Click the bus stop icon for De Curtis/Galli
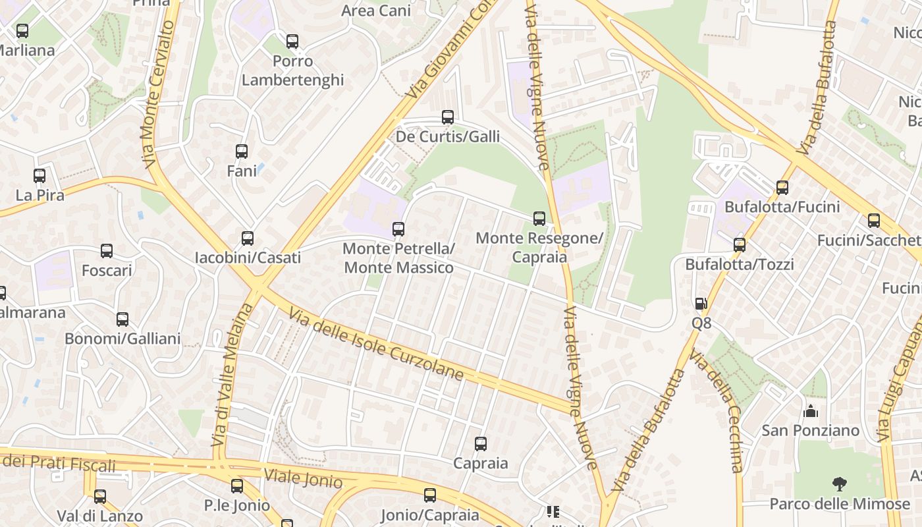(x=448, y=117)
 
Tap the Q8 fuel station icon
(x=701, y=304)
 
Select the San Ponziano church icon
(x=811, y=411)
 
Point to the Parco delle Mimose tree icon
(x=839, y=485)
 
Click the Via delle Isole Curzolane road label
(x=376, y=343)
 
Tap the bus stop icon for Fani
(x=242, y=152)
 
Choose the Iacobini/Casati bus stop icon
(x=248, y=238)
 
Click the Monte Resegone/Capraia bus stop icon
(x=539, y=219)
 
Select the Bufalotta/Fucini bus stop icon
(x=782, y=188)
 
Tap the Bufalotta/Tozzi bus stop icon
(x=740, y=245)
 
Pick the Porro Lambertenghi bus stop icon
(x=292, y=42)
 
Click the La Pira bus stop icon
(x=40, y=176)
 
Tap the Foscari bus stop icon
(x=107, y=251)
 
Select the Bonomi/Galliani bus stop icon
(x=122, y=319)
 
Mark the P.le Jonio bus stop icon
(x=237, y=486)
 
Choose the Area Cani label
(x=376, y=11)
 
